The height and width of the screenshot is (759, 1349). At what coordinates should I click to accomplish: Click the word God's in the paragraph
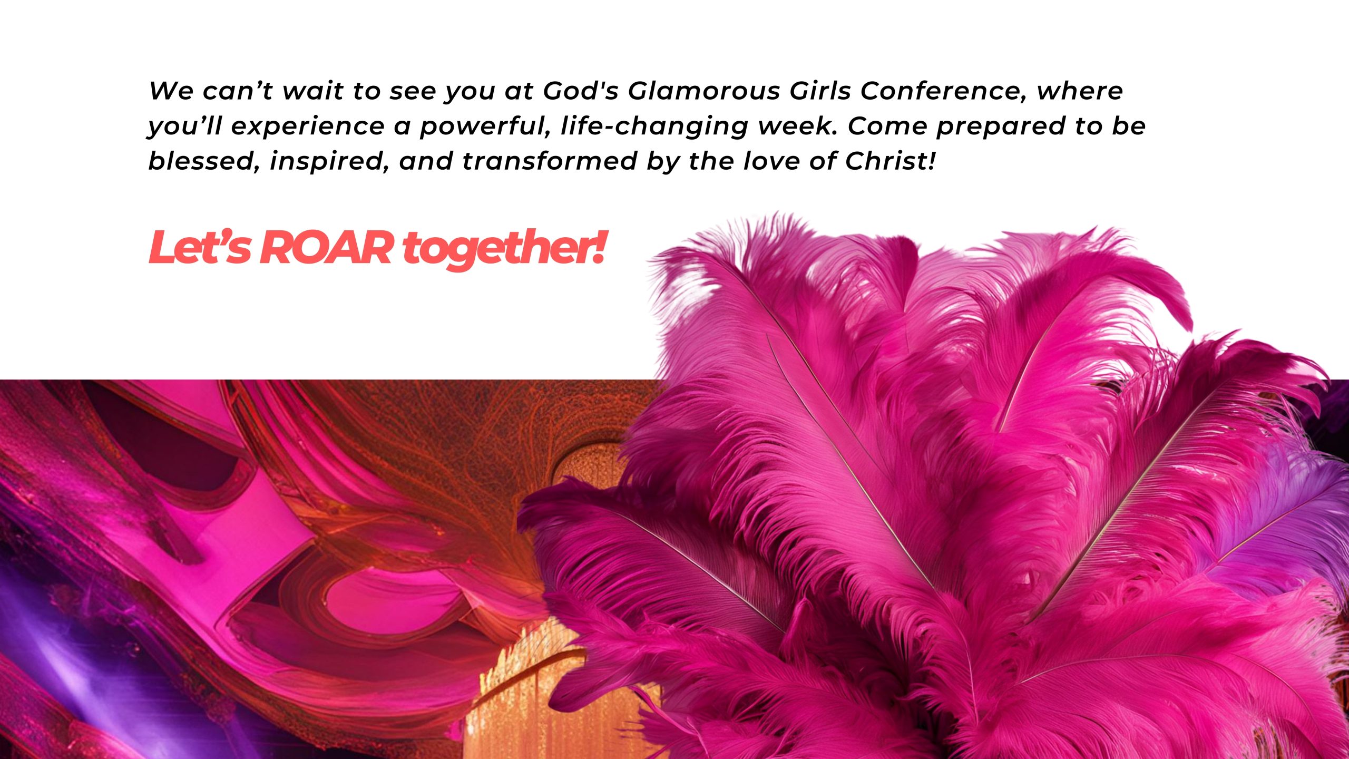pyautogui.click(x=581, y=91)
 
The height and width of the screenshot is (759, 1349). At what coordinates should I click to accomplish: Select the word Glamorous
pyautogui.click(x=703, y=91)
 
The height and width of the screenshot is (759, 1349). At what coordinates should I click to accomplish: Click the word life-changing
pyautogui.click(x=654, y=126)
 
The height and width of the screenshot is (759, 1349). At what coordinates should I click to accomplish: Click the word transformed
pyautogui.click(x=550, y=161)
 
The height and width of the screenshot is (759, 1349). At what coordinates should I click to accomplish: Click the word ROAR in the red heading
pyautogui.click(x=327, y=248)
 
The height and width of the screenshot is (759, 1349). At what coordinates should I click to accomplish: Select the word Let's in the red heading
pyautogui.click(x=200, y=247)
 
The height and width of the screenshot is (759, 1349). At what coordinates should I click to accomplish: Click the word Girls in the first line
pyautogui.click(x=820, y=91)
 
